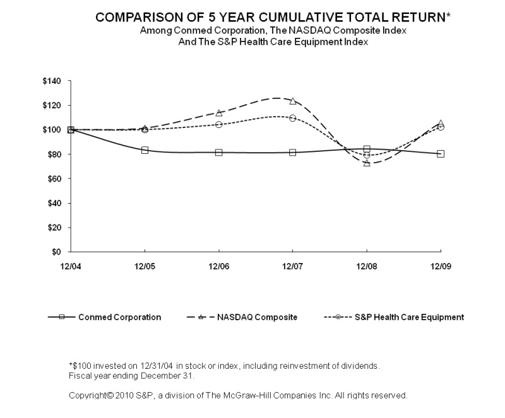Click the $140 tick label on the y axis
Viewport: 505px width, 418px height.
coord(52,81)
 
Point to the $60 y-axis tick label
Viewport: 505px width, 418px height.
coord(54,179)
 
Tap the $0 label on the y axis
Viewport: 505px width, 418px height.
coord(59,252)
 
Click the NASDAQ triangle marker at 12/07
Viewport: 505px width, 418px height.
coord(292,101)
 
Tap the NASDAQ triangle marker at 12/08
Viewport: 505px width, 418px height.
coord(367,163)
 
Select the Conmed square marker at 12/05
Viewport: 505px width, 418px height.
coord(145,150)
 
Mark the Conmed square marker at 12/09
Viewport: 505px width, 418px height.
coord(440,154)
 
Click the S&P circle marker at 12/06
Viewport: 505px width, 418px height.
coord(218,124)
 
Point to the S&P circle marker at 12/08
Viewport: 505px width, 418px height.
coord(367,155)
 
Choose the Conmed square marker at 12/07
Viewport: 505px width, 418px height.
coord(292,153)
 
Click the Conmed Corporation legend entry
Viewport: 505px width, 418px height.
coord(119,317)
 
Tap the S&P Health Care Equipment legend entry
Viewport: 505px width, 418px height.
coord(410,317)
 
